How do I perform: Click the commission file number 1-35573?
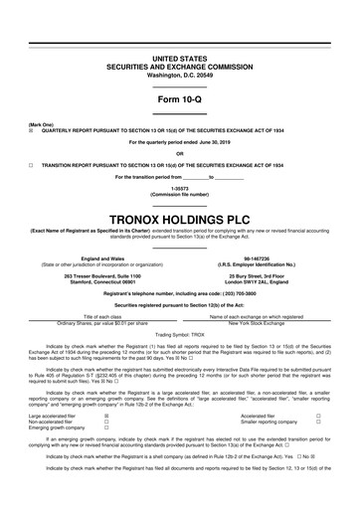[179, 186]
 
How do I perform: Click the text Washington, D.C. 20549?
[179, 48]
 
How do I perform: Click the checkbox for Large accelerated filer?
[106, 389]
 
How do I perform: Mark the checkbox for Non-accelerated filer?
[106, 395]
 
